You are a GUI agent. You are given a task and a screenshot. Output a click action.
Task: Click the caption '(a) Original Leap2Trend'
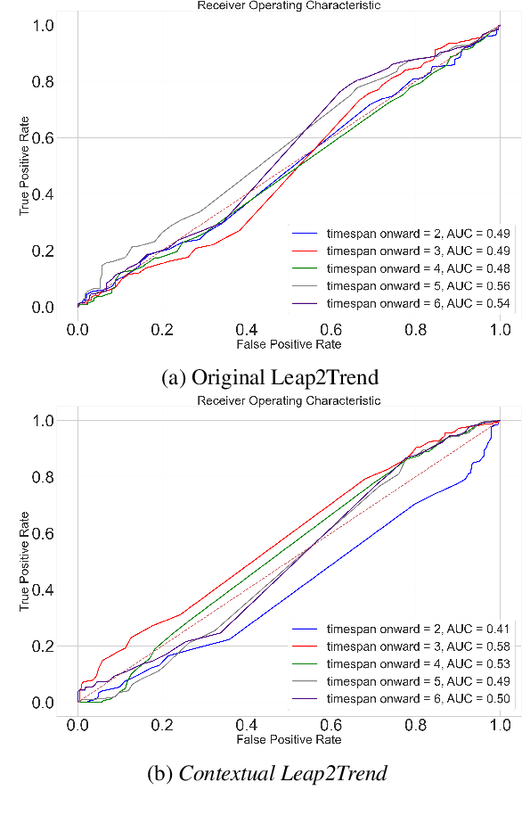(x=270, y=377)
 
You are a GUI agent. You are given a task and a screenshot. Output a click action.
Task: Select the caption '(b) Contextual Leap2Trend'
(x=267, y=773)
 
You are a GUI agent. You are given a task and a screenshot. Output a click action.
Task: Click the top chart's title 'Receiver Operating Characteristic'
(x=288, y=5)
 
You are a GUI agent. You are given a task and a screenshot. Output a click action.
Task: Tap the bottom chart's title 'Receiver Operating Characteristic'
(x=288, y=400)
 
